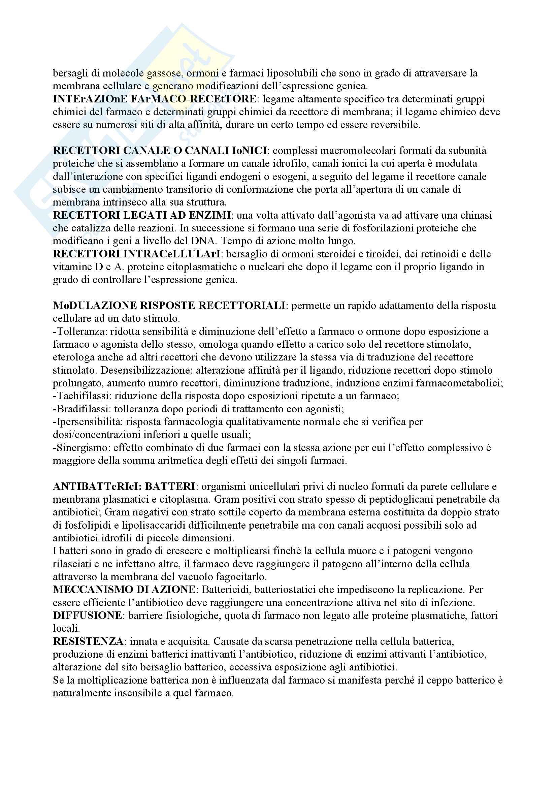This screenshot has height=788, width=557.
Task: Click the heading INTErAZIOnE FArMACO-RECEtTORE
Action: [154, 99]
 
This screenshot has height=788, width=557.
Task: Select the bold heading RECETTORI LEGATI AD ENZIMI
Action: [142, 215]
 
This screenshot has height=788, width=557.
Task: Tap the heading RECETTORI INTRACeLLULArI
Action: [136, 254]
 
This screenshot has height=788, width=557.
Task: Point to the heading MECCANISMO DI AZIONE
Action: [124, 590]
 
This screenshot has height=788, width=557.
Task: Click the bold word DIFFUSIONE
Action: [88, 616]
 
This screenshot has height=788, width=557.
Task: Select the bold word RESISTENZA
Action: [88, 641]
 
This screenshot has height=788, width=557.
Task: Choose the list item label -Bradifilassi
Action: [81, 409]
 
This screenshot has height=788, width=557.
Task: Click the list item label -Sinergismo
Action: [80, 447]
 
